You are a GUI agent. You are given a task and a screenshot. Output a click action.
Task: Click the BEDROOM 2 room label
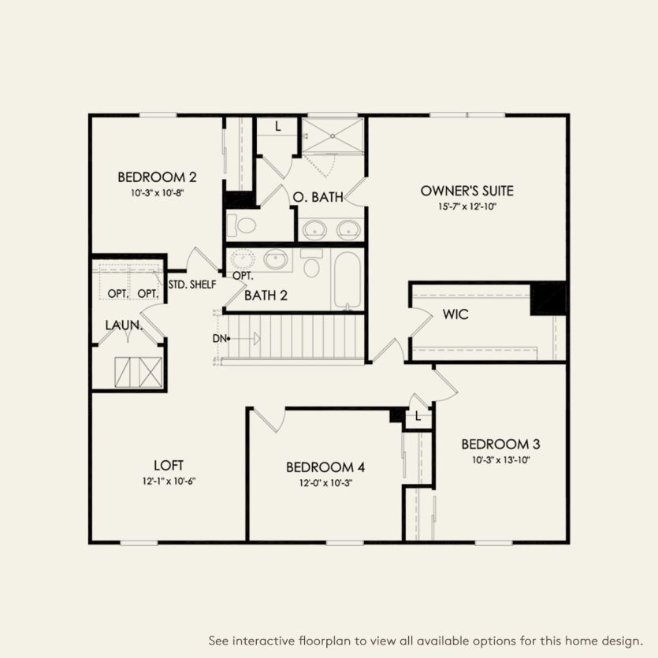coord(157,177)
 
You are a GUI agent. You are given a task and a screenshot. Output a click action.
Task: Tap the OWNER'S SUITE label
coord(467,191)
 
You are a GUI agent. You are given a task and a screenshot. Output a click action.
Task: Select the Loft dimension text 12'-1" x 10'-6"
coord(169,480)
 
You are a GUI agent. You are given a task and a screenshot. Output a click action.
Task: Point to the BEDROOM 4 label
coord(325,467)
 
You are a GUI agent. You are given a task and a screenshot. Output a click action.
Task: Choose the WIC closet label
coord(455,315)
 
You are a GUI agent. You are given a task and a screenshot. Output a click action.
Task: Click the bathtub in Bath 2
coord(348,281)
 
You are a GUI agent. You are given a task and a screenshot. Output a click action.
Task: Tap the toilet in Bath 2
coord(311,265)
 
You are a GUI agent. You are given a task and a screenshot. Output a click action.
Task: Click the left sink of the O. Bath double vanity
coord(314,230)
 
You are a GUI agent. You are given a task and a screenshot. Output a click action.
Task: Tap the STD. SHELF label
coord(191,284)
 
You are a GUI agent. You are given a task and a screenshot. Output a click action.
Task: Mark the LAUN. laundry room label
coord(124,325)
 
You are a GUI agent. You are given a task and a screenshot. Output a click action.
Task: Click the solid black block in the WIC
coord(548,298)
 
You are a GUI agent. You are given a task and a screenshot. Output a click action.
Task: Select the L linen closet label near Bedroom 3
coord(418,417)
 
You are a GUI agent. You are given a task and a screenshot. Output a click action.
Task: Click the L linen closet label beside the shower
coord(280,126)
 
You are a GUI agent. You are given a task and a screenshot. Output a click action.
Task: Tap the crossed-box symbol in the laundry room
coord(139,371)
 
